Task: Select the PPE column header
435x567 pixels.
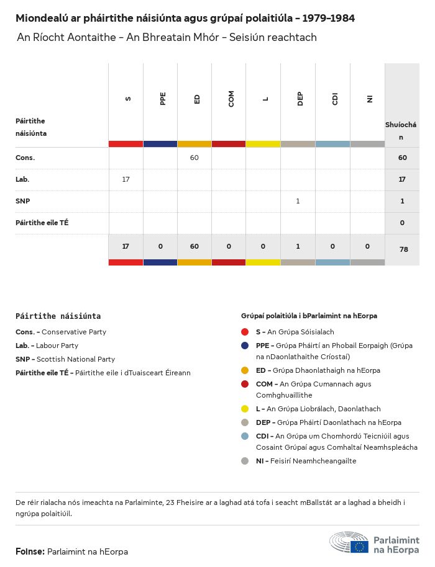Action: click(163, 99)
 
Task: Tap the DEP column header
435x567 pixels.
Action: click(300, 99)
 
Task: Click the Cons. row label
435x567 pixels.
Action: click(25, 158)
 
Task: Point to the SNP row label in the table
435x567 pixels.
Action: click(23, 201)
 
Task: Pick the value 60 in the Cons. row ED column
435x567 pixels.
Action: click(195, 158)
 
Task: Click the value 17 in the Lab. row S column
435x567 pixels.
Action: click(126, 179)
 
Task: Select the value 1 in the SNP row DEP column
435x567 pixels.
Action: click(298, 201)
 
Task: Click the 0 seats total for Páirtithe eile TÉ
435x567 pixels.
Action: click(402, 223)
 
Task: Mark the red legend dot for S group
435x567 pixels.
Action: click(245, 332)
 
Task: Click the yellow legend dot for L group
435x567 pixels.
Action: click(245, 409)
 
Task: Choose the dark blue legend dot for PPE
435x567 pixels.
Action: click(245, 346)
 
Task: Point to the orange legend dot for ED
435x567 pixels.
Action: click(245, 370)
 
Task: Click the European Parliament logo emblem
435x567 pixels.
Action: click(349, 542)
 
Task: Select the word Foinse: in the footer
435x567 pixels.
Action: click(30, 551)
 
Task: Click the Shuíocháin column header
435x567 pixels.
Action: click(401, 130)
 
